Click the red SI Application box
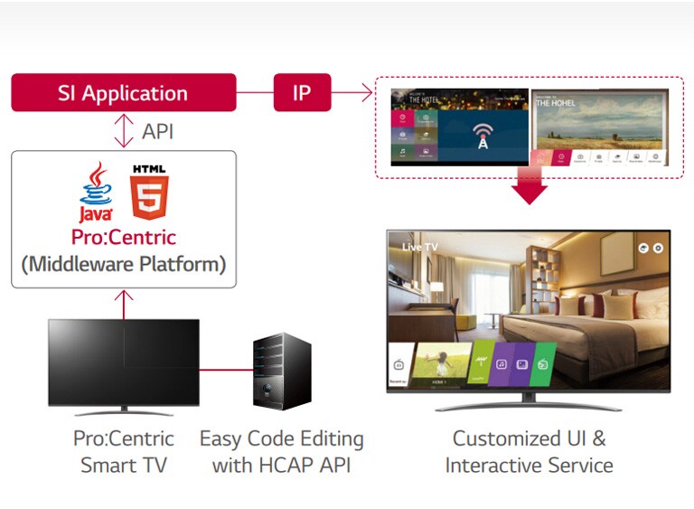[123, 93]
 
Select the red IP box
[302, 93]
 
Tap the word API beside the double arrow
[157, 131]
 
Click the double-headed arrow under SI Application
[124, 131]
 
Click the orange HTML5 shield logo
[148, 191]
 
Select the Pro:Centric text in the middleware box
[124, 238]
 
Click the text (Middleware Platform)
[124, 265]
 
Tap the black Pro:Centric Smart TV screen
[124, 361]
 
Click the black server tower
[282, 371]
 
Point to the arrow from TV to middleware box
[124, 304]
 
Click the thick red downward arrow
[529, 187]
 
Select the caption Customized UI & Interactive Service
[529, 452]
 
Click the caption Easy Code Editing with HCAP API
[282, 452]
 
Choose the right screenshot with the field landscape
[599, 127]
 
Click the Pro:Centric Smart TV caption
[124, 452]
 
